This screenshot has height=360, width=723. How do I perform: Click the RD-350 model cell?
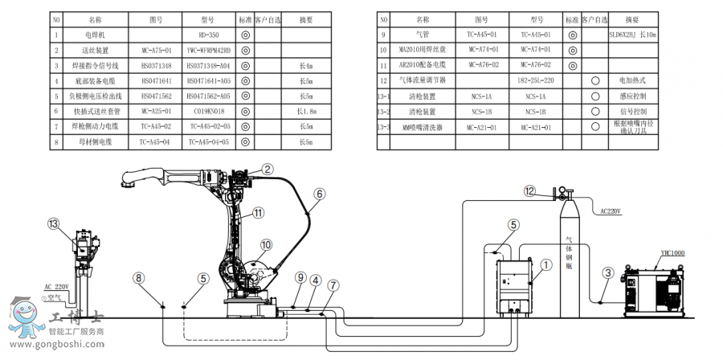point(208,35)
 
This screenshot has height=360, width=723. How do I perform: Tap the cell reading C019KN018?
point(208,111)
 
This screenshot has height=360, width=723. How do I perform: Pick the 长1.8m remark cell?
point(306,111)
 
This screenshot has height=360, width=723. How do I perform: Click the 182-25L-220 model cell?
point(537,81)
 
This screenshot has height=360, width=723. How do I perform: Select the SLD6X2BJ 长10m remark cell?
point(633,35)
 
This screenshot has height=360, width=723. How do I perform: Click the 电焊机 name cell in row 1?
point(95,35)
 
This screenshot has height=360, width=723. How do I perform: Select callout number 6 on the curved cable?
point(320,194)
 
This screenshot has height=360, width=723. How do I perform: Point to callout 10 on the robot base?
point(266,245)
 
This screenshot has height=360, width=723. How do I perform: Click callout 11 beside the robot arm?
point(258,213)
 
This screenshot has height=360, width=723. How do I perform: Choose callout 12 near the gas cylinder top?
point(529,190)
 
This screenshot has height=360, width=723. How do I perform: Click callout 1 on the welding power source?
point(545,262)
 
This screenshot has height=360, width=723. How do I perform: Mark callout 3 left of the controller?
point(608,272)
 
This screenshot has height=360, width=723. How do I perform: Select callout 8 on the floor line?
point(139,277)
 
